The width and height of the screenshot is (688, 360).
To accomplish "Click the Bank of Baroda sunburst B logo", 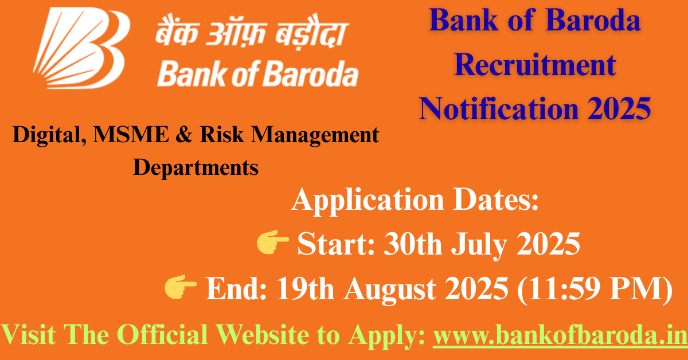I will (x=79, y=48).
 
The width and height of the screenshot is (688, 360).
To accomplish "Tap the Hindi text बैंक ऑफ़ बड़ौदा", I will (x=250, y=36).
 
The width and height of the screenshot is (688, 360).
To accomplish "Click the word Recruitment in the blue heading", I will (x=535, y=64).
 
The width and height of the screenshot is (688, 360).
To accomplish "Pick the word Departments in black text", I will (x=196, y=167).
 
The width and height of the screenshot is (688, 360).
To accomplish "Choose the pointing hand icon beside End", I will (x=181, y=288).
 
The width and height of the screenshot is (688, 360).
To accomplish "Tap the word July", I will (x=480, y=245).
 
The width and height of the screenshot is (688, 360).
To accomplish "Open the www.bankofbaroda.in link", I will (x=559, y=334).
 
